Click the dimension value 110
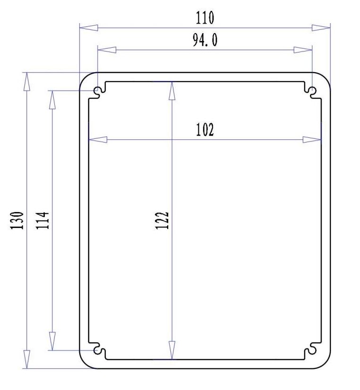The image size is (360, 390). (x=205, y=18)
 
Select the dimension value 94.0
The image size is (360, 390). (x=205, y=41)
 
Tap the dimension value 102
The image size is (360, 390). (x=205, y=130)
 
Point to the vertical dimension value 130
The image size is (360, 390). (x=17, y=220)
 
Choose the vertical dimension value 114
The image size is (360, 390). (x=43, y=220)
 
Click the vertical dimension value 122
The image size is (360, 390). (x=162, y=220)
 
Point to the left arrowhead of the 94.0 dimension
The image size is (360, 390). (x=106, y=50)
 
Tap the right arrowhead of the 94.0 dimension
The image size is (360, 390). (x=303, y=50)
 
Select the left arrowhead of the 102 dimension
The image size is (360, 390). (x=98, y=140)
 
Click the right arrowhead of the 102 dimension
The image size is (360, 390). (x=312, y=140)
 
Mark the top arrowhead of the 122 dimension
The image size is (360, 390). (x=172, y=90)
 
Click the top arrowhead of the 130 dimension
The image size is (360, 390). (x=27, y=81)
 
